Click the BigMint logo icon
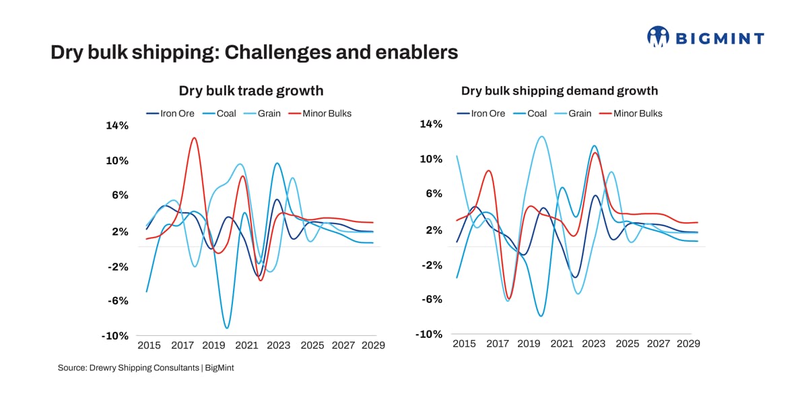[658, 37]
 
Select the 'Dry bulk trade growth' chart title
[250, 90]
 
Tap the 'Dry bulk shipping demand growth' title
[559, 90]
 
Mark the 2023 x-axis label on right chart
[593, 343]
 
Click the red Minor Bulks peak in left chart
[194, 138]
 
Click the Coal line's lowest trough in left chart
[227, 328]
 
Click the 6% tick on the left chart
[119, 195]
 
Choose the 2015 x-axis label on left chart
[148, 345]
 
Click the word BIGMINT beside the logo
[719, 38]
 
